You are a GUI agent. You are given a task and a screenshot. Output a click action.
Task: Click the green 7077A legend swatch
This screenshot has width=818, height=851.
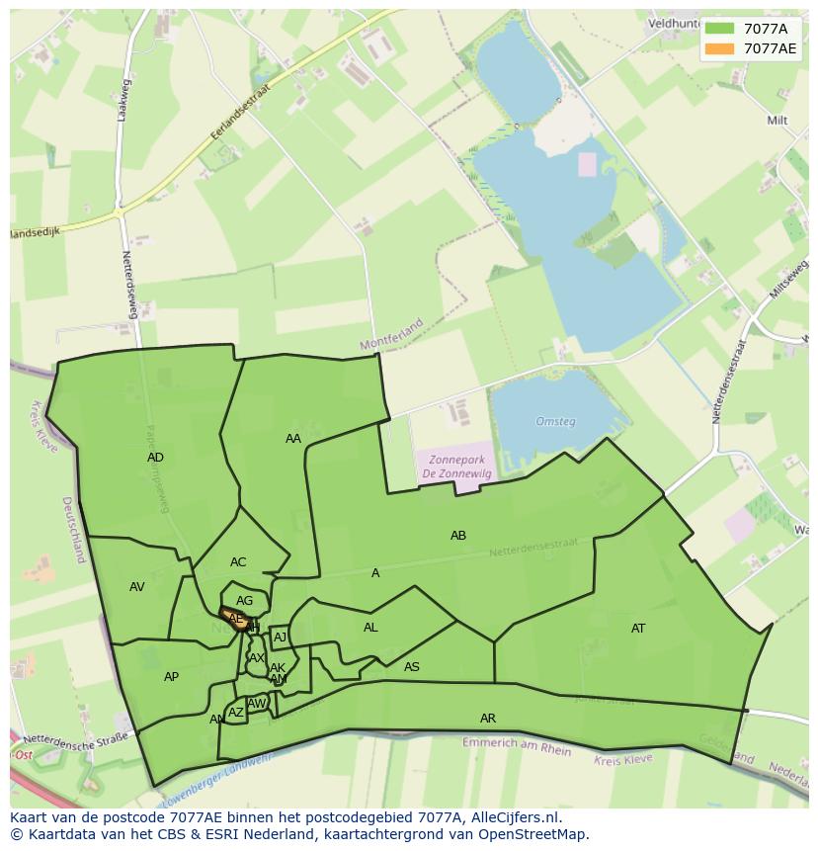tap(719, 29)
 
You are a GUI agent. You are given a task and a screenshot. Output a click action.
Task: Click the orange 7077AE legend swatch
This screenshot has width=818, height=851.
tap(719, 48)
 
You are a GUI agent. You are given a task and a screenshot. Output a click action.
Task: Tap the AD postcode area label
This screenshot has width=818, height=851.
tap(155, 458)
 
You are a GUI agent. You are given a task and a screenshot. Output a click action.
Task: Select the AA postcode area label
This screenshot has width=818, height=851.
tap(293, 439)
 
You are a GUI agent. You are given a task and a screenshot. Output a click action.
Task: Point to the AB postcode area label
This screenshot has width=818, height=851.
tap(458, 536)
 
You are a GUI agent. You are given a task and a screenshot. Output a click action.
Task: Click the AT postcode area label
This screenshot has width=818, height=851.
tap(638, 629)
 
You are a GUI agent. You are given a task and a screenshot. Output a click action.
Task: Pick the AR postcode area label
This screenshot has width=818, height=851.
tap(488, 719)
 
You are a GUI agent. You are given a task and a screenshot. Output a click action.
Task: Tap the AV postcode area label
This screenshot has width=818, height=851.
tap(137, 587)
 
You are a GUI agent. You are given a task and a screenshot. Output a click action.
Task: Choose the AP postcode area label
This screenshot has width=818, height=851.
tap(172, 677)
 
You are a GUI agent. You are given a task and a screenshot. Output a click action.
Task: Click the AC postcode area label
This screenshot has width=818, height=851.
tap(238, 562)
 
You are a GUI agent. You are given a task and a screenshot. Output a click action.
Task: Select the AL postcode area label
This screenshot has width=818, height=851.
tap(370, 628)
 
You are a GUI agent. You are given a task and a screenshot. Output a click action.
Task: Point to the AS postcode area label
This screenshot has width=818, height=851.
tap(412, 667)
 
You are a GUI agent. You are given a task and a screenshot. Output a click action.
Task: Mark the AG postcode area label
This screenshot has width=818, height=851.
tap(245, 601)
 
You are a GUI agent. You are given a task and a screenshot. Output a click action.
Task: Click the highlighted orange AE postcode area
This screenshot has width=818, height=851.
tap(236, 619)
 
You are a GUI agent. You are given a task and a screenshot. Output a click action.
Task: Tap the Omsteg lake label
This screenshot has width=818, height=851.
tap(555, 422)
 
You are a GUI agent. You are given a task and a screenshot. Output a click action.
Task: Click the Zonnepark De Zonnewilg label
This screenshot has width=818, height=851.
tap(456, 467)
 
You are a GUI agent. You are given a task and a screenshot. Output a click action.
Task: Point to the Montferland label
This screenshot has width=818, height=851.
tap(391, 334)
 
